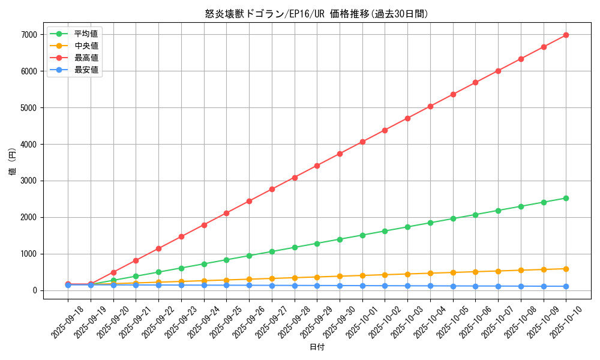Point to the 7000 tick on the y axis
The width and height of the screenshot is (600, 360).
(28, 35)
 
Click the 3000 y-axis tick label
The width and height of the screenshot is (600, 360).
(28, 181)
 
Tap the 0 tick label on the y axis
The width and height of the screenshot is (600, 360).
(35, 290)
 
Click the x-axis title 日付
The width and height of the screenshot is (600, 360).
(317, 347)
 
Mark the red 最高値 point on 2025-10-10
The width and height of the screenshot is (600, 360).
(566, 35)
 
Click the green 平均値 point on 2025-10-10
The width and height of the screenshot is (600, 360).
(566, 198)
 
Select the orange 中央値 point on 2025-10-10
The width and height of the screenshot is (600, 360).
(566, 269)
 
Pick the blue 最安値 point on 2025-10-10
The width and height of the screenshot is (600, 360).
(566, 286)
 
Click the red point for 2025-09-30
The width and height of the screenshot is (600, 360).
(340, 154)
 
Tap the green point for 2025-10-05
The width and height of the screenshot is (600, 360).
(453, 218)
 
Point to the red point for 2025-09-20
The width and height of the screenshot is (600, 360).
(113, 272)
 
